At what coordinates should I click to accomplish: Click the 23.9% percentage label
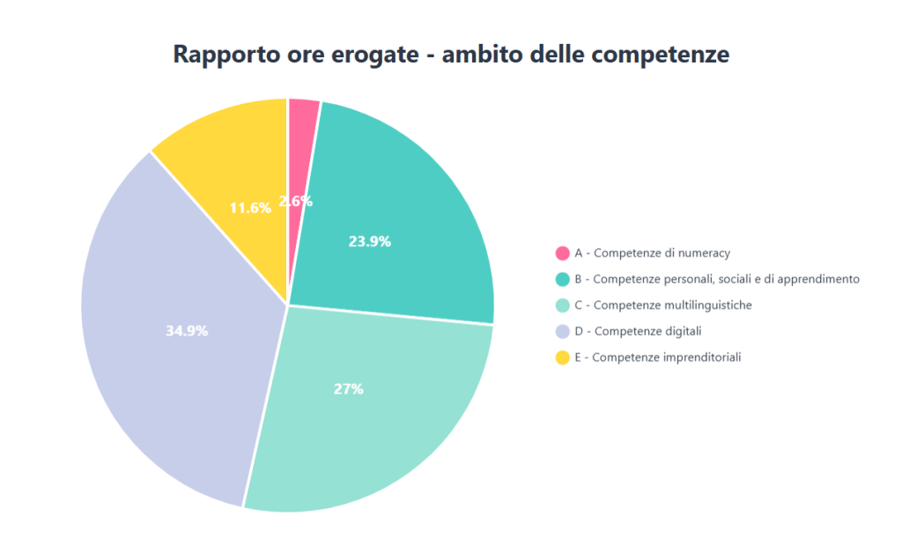(x=370, y=241)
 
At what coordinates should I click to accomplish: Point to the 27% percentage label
(x=349, y=389)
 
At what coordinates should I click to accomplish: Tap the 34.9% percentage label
(x=187, y=331)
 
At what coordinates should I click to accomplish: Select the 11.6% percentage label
(x=250, y=209)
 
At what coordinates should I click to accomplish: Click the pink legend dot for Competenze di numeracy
(x=563, y=254)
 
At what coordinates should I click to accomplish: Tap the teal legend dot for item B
(x=563, y=279)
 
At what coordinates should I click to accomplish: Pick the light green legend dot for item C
(x=563, y=305)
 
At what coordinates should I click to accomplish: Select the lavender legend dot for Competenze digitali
(x=563, y=331)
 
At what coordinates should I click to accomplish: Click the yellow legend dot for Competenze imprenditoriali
(x=563, y=357)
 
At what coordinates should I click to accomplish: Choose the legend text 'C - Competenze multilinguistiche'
(x=663, y=305)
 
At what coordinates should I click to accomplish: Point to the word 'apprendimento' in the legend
(x=819, y=279)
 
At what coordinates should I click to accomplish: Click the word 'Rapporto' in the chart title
(x=222, y=55)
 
